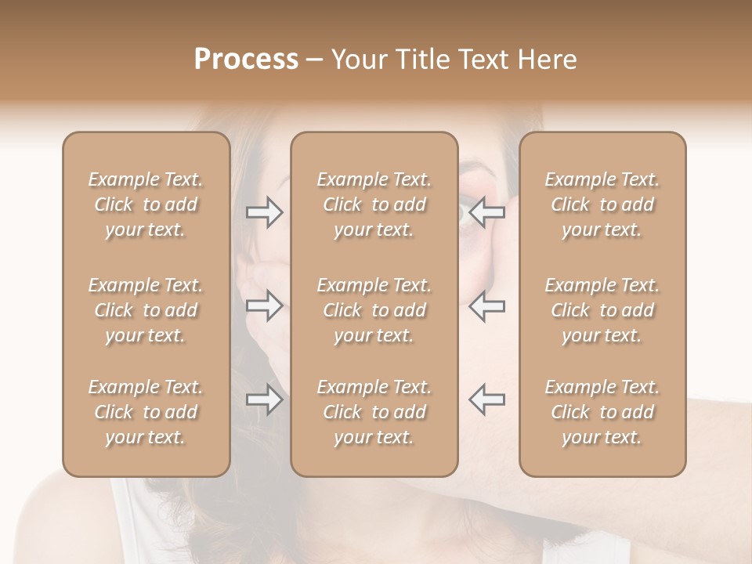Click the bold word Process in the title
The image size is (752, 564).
click(x=246, y=60)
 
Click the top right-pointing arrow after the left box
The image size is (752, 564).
click(x=264, y=212)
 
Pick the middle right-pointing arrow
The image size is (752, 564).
click(x=264, y=305)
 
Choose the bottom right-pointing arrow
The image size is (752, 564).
click(x=264, y=399)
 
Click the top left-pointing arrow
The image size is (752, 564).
click(x=486, y=212)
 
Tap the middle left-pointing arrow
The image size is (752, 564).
click(x=486, y=305)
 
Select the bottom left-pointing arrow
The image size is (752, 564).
click(x=486, y=399)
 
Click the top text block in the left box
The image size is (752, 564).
click(x=146, y=204)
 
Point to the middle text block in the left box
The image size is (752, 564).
click(x=146, y=310)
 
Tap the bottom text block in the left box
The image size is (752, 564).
click(x=146, y=412)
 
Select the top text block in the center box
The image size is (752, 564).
click(x=374, y=204)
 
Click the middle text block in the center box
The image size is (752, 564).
click(x=374, y=310)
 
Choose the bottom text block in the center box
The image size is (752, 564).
click(x=374, y=412)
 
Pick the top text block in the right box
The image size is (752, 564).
click(x=602, y=204)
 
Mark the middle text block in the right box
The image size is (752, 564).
click(x=602, y=310)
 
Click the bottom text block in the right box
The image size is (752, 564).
click(x=602, y=412)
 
